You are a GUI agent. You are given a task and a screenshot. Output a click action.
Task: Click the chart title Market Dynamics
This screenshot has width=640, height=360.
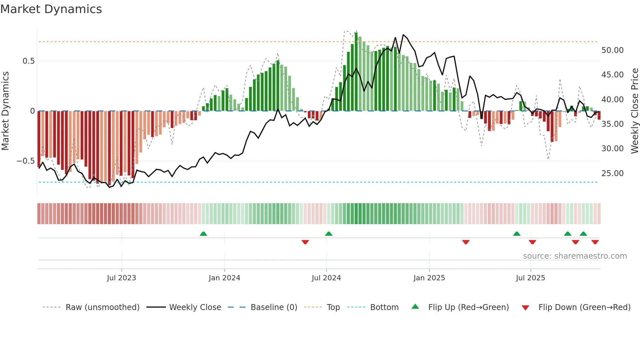tap(51, 9)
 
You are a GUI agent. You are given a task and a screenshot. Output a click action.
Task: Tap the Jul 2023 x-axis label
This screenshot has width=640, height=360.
tap(121, 278)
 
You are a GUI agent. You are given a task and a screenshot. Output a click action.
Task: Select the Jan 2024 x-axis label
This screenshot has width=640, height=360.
tap(224, 278)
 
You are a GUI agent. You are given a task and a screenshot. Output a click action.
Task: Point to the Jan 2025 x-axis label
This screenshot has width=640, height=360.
tap(429, 278)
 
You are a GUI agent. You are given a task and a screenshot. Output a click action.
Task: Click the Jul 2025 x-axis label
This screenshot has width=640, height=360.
tap(530, 278)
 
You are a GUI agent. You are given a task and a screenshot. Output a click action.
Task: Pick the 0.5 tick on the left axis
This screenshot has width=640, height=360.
tap(28, 61)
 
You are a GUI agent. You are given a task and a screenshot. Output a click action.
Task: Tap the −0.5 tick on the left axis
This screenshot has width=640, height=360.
tap(25, 161)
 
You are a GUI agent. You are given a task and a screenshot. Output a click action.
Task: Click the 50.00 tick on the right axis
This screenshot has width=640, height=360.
tap(612, 50)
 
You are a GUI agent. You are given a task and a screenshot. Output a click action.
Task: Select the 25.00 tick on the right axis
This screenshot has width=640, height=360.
tap(612, 173)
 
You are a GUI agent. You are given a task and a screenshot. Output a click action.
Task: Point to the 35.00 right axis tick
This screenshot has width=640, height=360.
tap(612, 124)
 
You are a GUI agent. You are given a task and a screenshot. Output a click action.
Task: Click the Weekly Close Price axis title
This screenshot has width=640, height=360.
tap(634, 111)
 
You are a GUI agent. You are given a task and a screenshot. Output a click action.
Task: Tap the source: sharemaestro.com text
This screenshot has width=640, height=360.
tap(575, 256)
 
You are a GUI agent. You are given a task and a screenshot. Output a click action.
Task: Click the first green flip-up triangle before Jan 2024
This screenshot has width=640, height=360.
tap(203, 234)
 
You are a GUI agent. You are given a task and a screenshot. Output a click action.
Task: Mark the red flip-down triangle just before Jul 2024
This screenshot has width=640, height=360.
tap(305, 242)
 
